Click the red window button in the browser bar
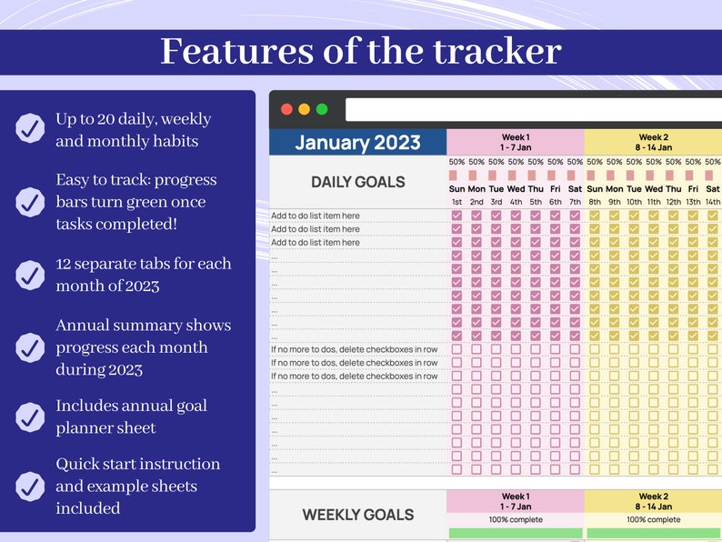286,109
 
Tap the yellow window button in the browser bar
305,109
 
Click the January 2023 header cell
357,142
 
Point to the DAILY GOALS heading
357,182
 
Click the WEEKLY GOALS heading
357,515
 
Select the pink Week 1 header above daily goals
515,142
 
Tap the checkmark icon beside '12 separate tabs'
30,275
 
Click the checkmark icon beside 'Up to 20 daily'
30,128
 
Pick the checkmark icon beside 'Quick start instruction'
30,485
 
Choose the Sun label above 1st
456,189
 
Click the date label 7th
575,202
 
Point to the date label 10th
634,202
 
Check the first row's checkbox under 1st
456,216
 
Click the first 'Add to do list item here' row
316,216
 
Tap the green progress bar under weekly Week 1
515,533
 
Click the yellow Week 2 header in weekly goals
653,502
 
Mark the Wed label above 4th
516,189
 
